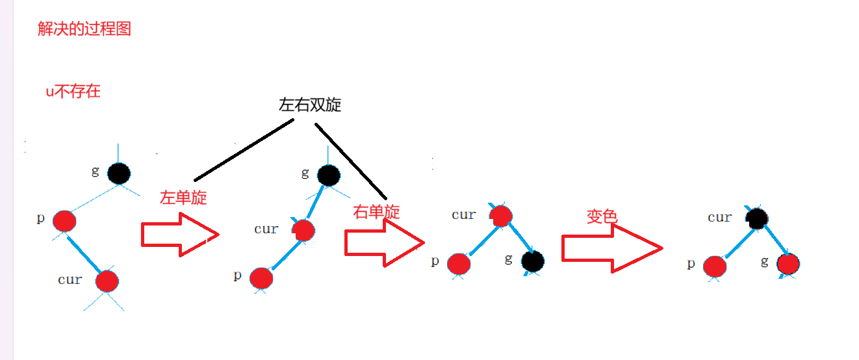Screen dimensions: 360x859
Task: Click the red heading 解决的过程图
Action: click(84, 29)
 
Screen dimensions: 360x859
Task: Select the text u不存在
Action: click(73, 91)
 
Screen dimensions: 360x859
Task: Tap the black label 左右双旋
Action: click(310, 105)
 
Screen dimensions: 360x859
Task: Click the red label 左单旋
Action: click(183, 198)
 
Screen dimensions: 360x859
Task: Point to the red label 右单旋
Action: click(376, 211)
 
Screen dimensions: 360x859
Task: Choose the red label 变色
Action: click(601, 216)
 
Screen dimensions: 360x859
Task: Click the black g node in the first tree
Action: click(119, 173)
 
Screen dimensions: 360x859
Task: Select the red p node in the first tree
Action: click(64, 221)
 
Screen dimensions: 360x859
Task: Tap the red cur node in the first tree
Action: click(107, 281)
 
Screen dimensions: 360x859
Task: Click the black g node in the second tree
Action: click(328, 174)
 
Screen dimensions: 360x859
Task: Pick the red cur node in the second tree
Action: click(303, 230)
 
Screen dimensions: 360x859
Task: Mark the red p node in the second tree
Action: click(261, 277)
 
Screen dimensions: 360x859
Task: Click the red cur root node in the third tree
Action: click(501, 216)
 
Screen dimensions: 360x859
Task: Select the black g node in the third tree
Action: click(532, 261)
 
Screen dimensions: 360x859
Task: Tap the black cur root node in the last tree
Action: click(757, 218)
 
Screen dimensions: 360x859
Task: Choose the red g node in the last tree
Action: click(788, 264)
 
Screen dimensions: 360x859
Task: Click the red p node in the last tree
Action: click(714, 266)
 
